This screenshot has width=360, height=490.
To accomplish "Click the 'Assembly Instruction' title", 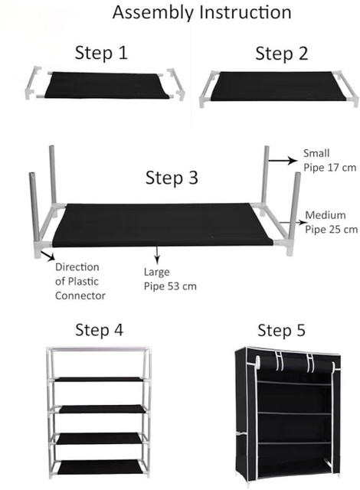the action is (202, 13).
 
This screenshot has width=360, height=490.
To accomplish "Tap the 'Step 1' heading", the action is (101, 53).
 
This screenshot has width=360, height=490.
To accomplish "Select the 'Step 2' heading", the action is (282, 53).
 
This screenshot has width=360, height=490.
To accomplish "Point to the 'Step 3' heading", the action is (172, 178).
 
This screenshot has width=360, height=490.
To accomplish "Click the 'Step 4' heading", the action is (99, 330).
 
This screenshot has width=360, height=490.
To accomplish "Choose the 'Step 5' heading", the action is (281, 330).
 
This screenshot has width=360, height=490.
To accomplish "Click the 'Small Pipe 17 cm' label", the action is (329, 160).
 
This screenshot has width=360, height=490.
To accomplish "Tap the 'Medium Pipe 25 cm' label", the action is (331, 222).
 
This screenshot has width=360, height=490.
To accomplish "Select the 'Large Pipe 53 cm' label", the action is (170, 279).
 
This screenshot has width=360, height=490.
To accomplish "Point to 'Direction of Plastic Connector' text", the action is (80, 281).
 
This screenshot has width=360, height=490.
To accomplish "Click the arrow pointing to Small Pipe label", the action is (283, 161).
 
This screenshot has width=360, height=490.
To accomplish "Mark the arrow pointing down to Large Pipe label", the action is (157, 254).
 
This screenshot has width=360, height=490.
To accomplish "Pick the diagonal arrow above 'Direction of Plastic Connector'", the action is (48, 255).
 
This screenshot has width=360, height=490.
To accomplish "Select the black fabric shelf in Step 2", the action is (278, 86).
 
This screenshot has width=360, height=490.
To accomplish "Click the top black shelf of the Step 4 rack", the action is (99, 379).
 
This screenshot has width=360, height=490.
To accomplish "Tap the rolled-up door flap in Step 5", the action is (294, 364).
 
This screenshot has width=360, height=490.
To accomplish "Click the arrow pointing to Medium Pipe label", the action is (293, 223).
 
